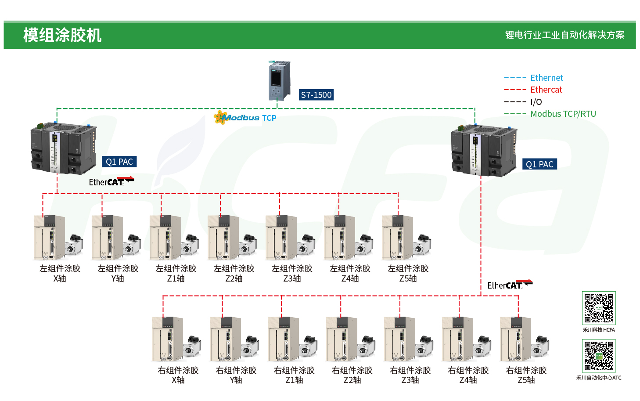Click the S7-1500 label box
coord(316,95)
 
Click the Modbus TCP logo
coord(245,118)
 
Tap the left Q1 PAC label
coord(119,162)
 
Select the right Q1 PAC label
coord(539,164)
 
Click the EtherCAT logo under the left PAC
coord(111,181)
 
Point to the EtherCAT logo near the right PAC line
coord(510,285)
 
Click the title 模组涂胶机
coord(62,35)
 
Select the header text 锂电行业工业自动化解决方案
coord(564,35)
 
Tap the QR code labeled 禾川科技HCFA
coord(599,308)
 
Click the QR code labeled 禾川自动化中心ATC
coord(599,356)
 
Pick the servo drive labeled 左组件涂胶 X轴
coord(49,238)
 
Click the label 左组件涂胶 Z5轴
coord(408,273)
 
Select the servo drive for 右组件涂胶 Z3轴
coord(399,339)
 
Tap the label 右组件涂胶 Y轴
coord(236,375)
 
